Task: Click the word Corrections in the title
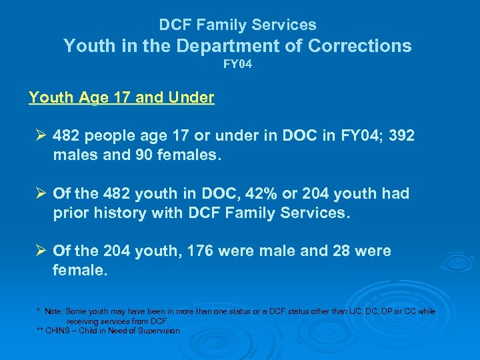359,46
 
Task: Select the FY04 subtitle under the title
237,65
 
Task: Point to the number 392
401,136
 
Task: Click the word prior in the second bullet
70,213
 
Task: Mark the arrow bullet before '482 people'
40,136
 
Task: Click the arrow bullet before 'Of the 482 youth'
40,194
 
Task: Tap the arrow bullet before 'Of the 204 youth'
40,251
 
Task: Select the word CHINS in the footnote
57,331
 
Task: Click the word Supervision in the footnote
157,331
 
